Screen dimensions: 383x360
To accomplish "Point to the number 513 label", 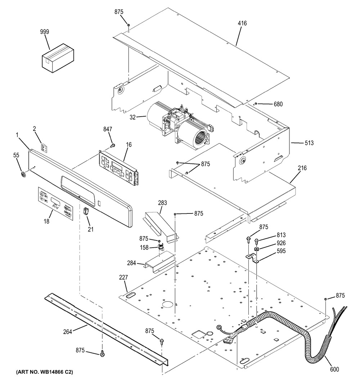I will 309,143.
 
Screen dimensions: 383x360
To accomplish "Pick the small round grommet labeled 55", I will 24,175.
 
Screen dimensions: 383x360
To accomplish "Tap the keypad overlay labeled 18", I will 55,204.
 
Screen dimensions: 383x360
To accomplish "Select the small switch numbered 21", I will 86,211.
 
